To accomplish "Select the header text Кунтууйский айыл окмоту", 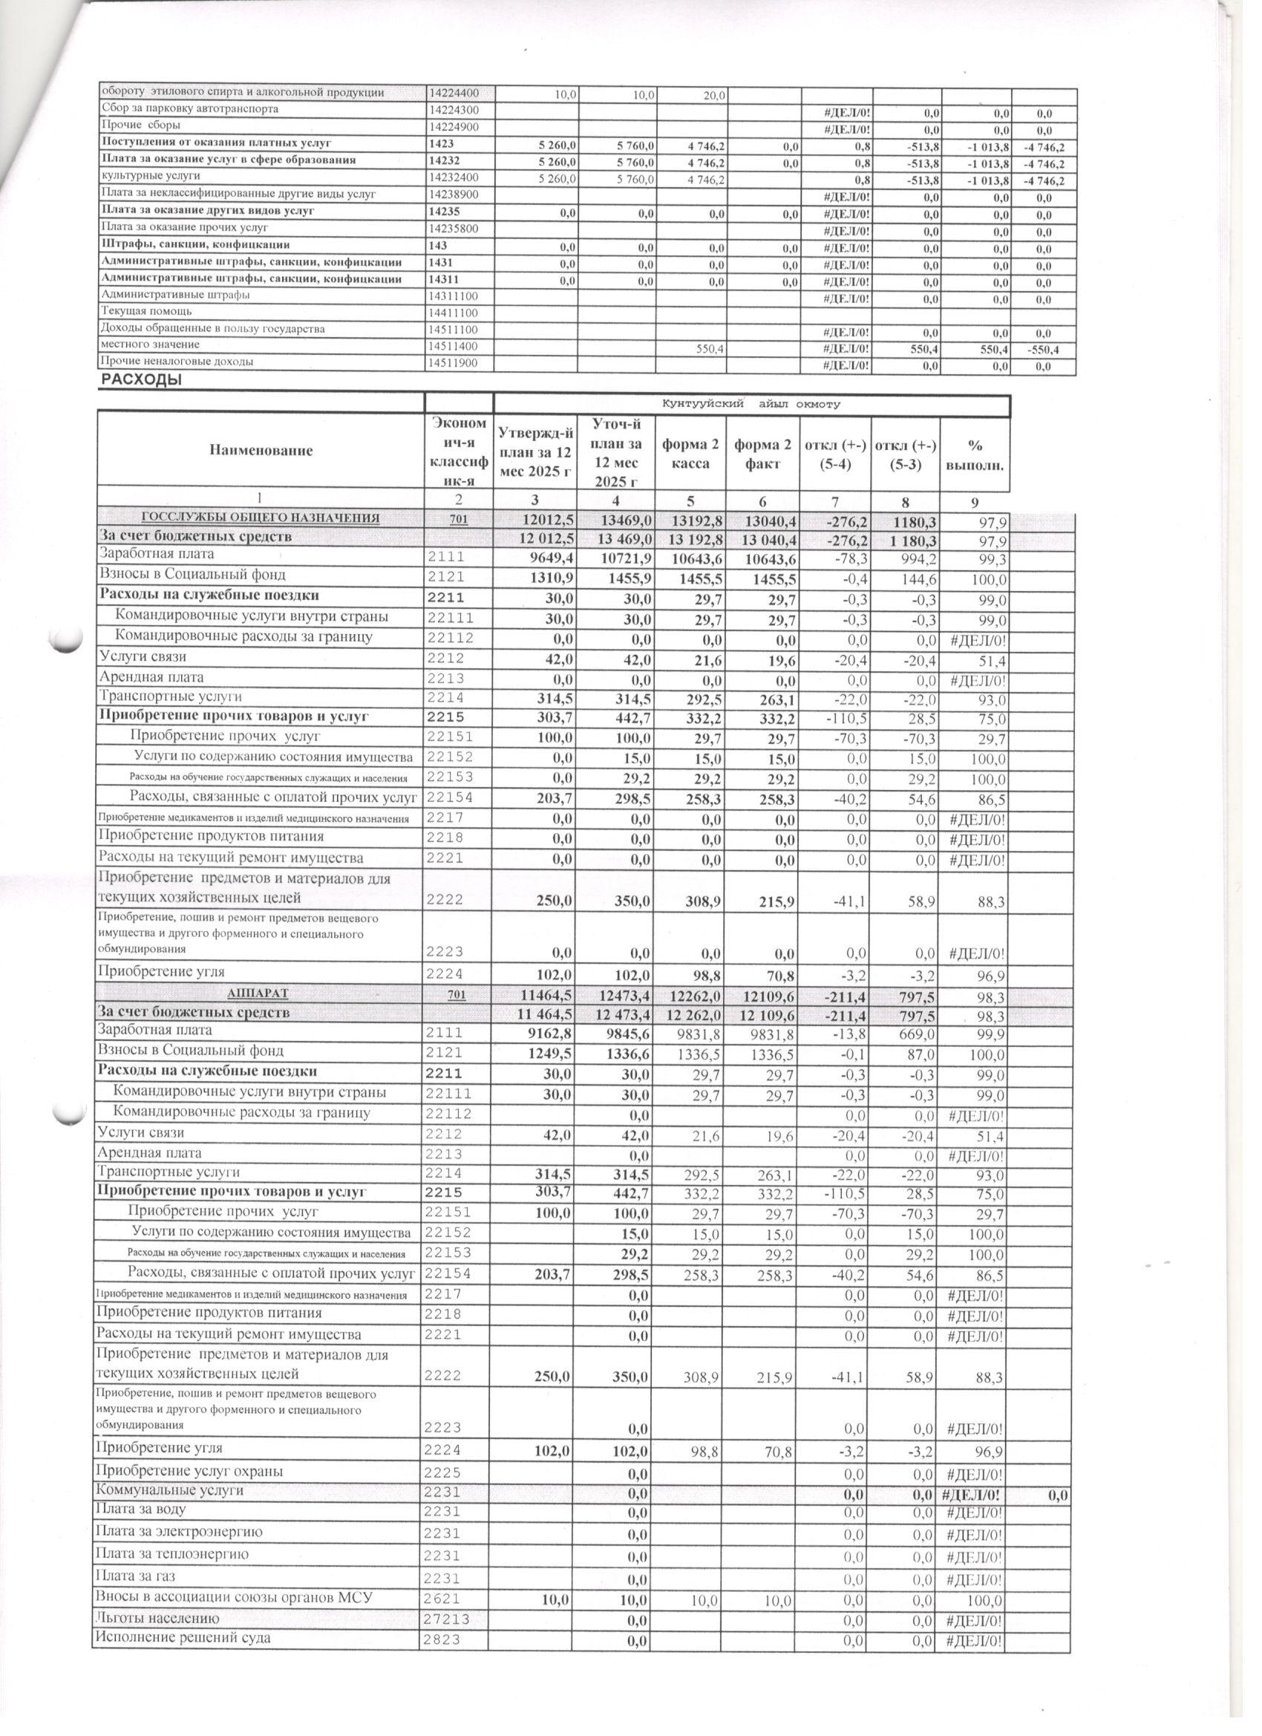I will (x=751, y=403).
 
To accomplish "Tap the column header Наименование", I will (x=261, y=450).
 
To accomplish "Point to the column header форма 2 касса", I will (x=690, y=453).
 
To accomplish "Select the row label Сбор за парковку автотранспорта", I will (x=189, y=108).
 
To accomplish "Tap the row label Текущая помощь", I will (x=146, y=312).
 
